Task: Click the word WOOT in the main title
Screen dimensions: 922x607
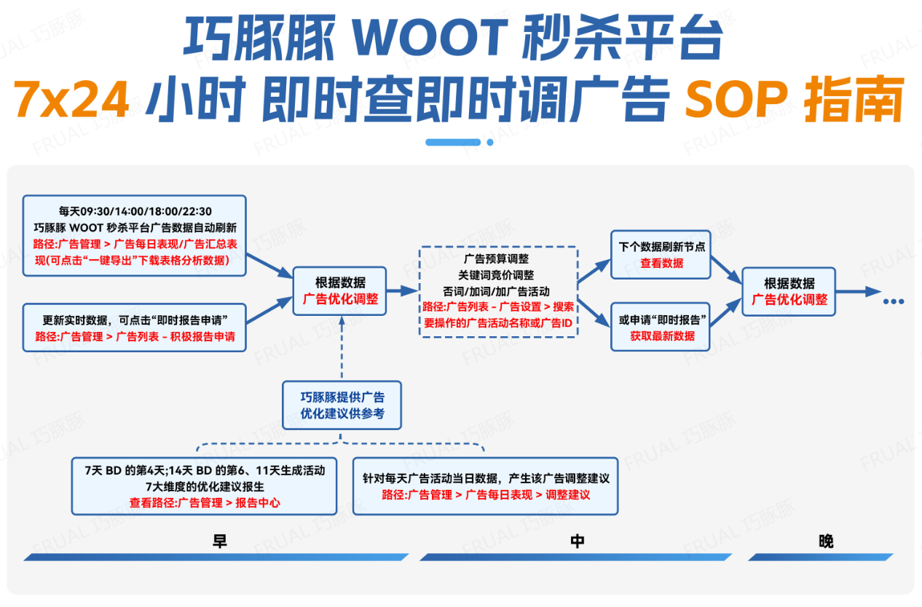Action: (430, 37)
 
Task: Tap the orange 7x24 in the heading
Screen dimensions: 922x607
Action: (71, 99)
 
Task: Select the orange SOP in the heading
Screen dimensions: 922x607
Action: (737, 98)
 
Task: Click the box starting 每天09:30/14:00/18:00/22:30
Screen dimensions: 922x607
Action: (135, 236)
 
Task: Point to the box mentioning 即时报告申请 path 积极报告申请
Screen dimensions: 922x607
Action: (135, 328)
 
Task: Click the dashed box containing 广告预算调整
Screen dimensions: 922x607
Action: (498, 292)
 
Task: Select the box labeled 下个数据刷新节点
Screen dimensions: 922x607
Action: (661, 255)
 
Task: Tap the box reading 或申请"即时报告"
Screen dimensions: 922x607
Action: (661, 327)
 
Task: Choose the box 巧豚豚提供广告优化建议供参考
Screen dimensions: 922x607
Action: (342, 405)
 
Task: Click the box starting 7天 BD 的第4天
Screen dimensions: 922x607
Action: (204, 486)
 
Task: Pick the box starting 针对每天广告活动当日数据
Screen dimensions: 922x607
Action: (486, 486)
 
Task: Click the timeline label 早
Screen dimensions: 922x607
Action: (219, 541)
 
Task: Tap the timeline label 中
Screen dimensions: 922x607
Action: (577, 541)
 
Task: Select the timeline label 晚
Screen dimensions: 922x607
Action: (826, 541)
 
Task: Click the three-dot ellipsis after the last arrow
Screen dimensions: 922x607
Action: (894, 301)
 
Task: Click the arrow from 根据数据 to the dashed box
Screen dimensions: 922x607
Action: (402, 290)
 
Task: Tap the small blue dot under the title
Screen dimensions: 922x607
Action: (490, 143)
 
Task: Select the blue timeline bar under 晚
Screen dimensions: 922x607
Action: (821, 558)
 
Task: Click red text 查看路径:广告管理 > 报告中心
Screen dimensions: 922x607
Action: (205, 502)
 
